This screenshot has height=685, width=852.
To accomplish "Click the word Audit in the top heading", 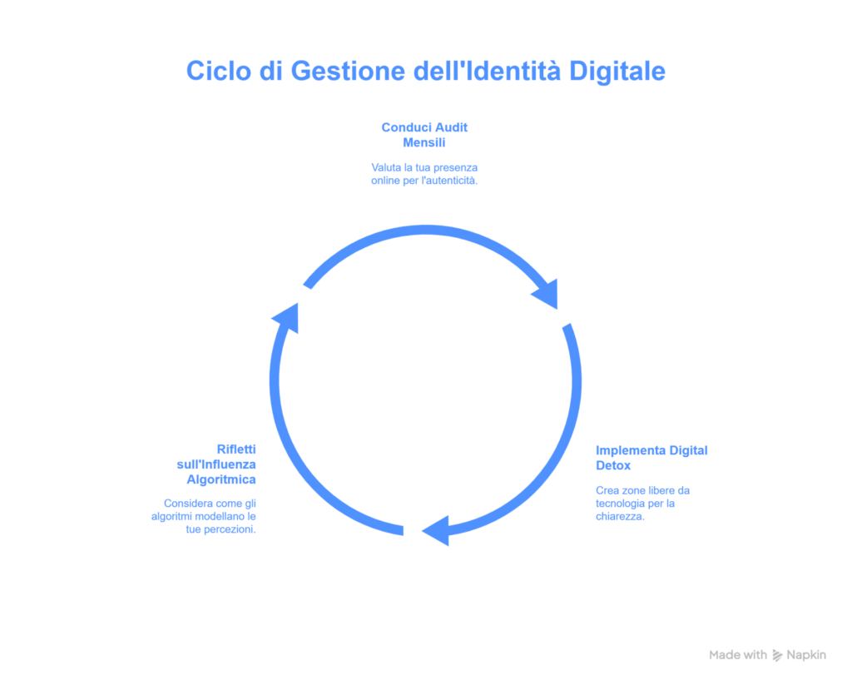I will pos(448,127).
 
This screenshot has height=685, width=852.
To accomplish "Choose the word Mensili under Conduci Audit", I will pos(424,142).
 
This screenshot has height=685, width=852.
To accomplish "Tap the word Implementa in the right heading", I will pos(624,450).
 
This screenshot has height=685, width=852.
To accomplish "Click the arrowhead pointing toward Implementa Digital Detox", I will pos(546,293).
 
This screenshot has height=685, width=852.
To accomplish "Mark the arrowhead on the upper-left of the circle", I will pos(285,317).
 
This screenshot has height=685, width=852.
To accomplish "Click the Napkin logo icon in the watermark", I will pos(777,655).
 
